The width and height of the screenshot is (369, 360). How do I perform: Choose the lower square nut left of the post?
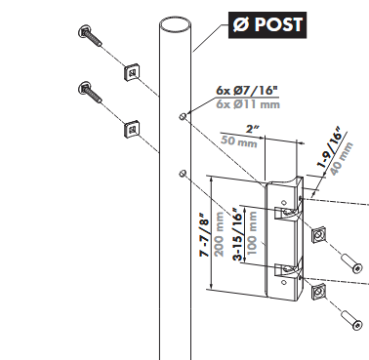click(x=130, y=128)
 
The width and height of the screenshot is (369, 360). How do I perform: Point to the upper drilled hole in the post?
click(x=183, y=117)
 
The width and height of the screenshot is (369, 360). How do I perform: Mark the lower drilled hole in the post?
click(x=183, y=174)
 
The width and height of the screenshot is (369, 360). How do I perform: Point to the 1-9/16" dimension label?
click(x=331, y=143)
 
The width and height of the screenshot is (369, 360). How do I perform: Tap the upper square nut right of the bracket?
click(x=319, y=234)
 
